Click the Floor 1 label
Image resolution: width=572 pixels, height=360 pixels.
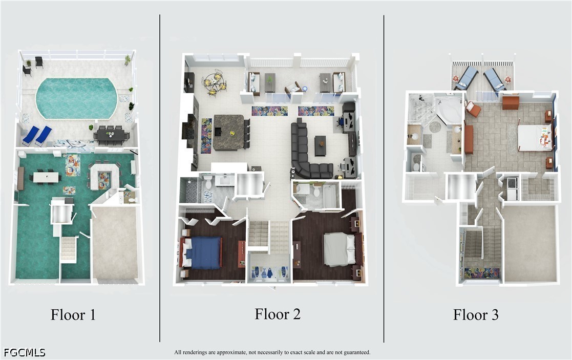[73, 315]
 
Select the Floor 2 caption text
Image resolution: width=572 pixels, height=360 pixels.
[278, 314]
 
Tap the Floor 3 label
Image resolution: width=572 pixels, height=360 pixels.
[476, 315]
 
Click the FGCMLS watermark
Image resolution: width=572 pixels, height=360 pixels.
[24, 352]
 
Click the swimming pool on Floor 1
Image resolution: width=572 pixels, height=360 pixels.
[76, 98]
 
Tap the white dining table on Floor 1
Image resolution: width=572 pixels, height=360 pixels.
[46, 177]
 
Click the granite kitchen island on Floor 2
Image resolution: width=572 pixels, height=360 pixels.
[229, 132]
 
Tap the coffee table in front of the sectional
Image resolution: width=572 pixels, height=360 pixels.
[320, 145]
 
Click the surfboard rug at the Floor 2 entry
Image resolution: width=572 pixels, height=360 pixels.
[269, 272]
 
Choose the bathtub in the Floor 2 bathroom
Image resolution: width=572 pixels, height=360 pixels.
[331, 196]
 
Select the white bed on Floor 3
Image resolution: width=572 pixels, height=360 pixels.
[535, 138]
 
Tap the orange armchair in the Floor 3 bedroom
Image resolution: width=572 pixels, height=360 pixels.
[473, 109]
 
